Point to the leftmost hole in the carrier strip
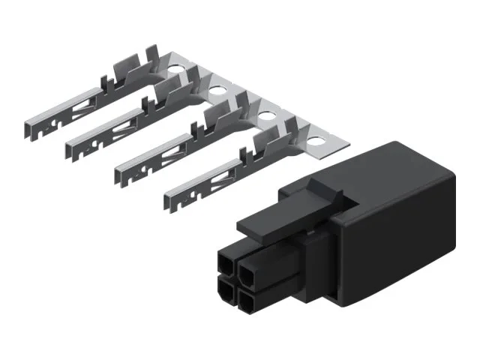click(x=175, y=74)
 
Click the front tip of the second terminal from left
click(x=71, y=142)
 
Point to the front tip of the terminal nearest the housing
click(x=169, y=198)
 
